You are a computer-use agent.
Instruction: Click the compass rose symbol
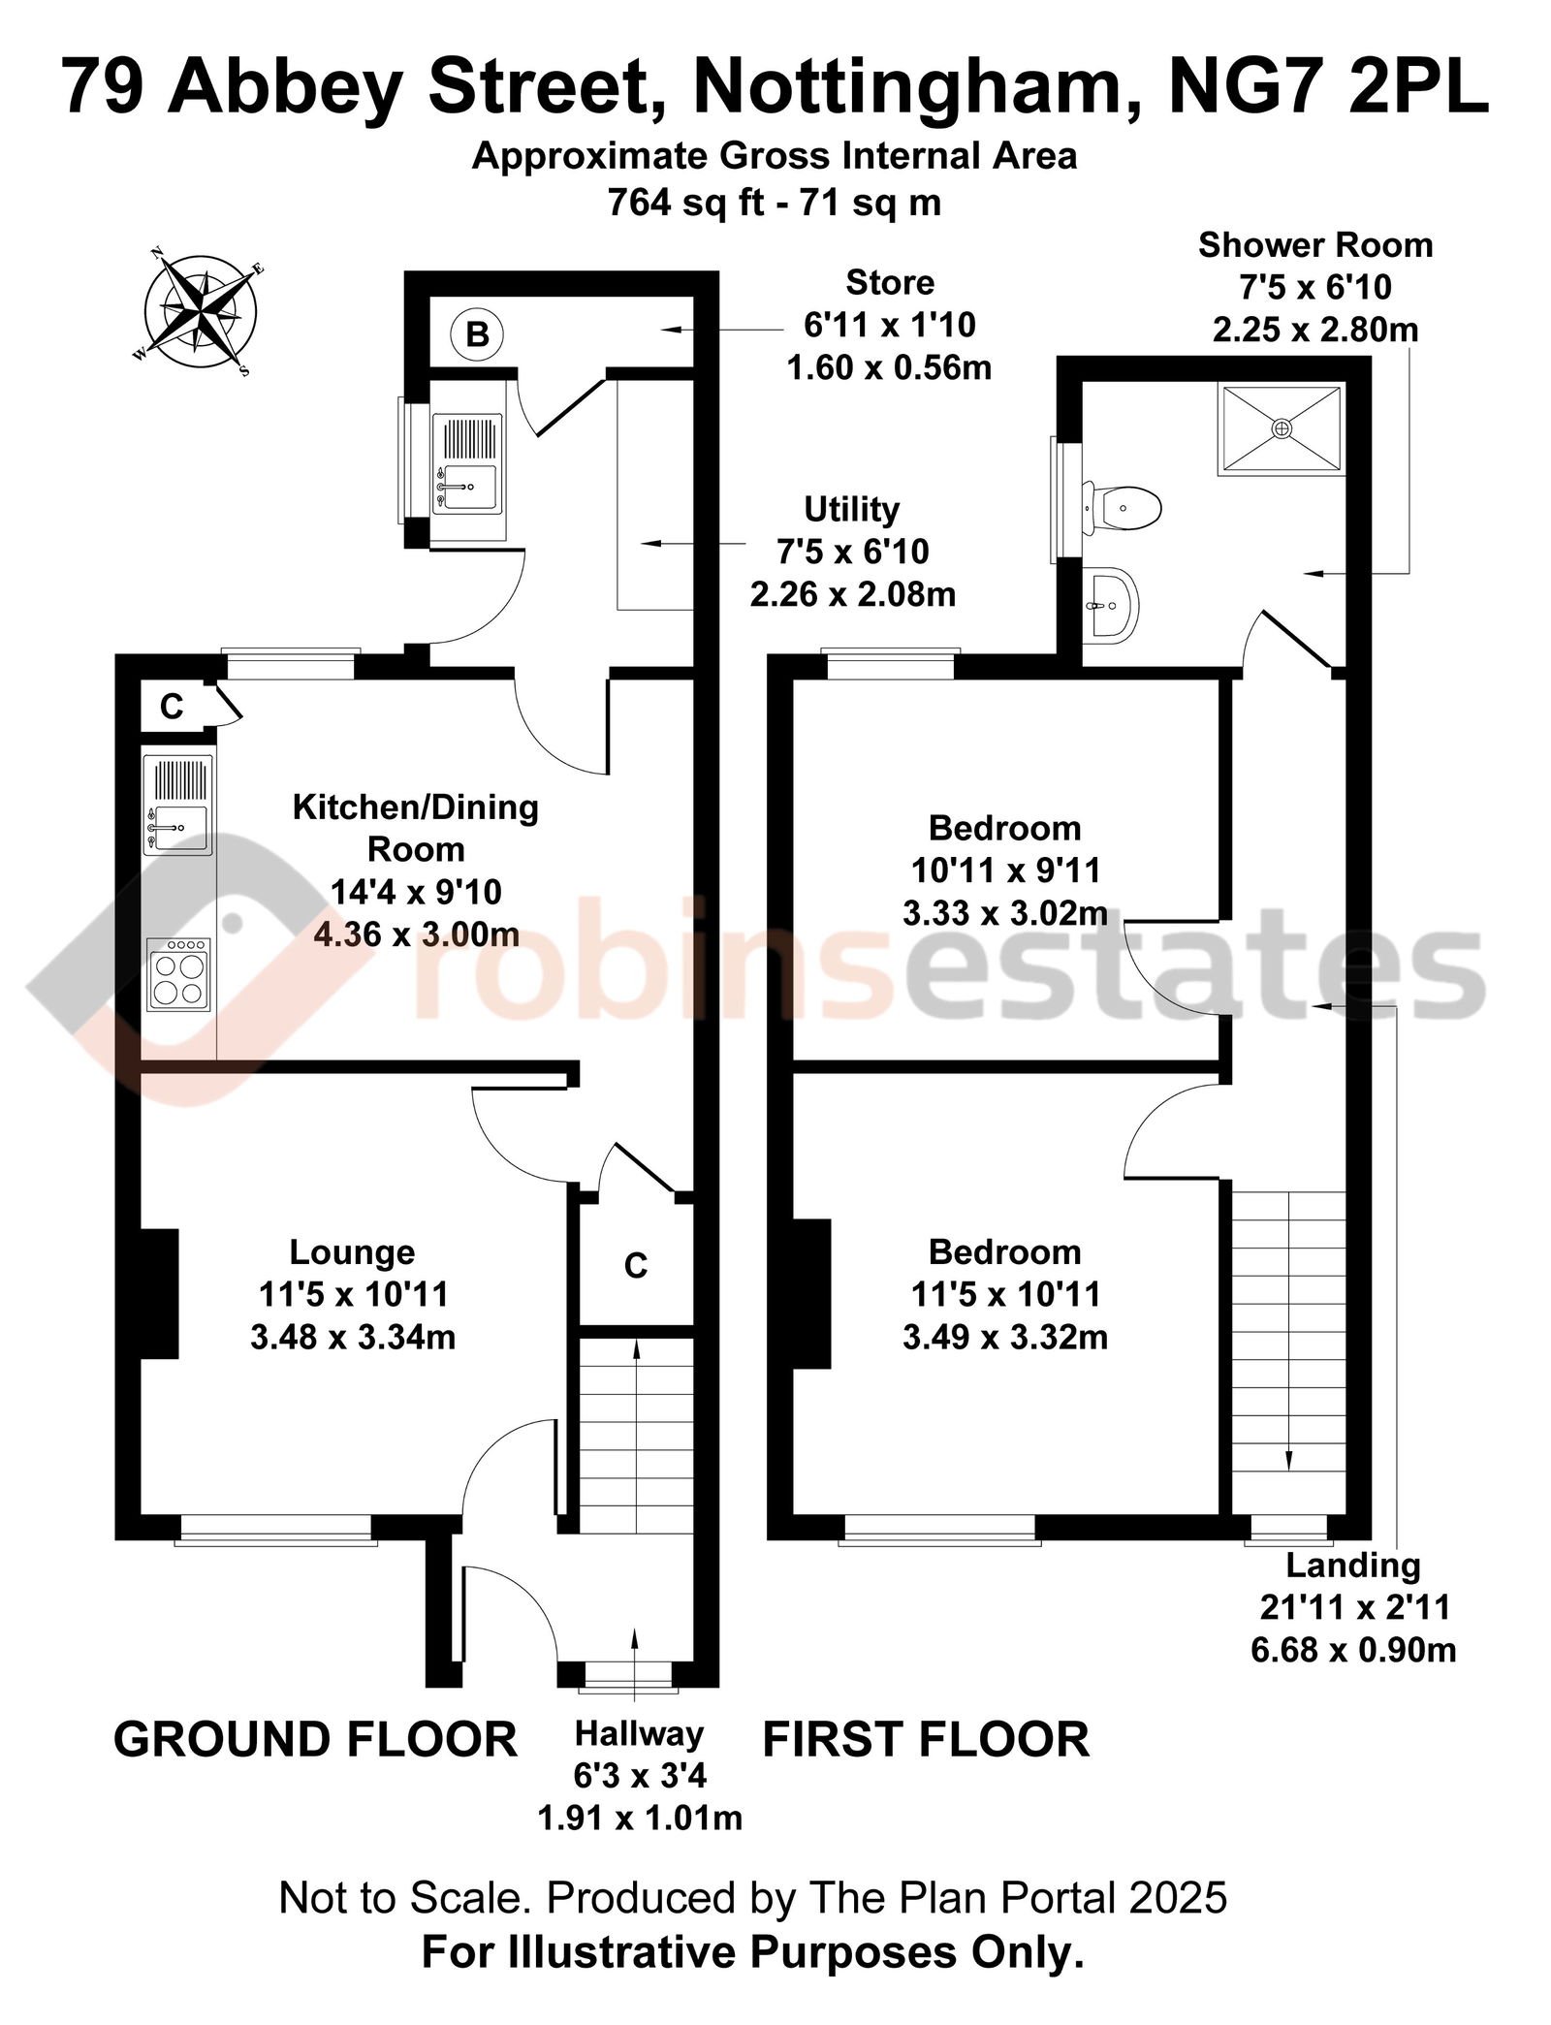tap(201, 311)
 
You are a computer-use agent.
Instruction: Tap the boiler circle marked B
tap(477, 334)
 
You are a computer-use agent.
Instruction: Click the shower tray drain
tap(1282, 427)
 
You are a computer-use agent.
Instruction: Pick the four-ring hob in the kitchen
tap(178, 973)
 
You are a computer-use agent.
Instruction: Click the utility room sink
tap(467, 463)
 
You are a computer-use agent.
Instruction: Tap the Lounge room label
tap(352, 1251)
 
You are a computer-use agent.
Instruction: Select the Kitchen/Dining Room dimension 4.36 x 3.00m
tap(416, 933)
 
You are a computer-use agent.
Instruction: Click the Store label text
tap(890, 282)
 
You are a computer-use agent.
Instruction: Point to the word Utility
tap(852, 509)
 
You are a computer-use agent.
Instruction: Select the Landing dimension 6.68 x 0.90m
tap(1353, 1649)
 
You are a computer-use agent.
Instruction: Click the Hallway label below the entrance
tap(639, 1733)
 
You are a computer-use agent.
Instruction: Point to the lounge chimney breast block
tap(160, 1293)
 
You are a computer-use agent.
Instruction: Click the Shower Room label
tap(1315, 245)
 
